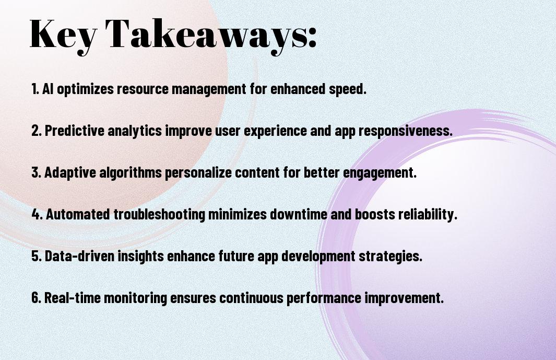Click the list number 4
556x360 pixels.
[x=37, y=214]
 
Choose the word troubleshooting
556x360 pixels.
[x=160, y=215]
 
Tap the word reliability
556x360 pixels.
[x=428, y=215]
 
